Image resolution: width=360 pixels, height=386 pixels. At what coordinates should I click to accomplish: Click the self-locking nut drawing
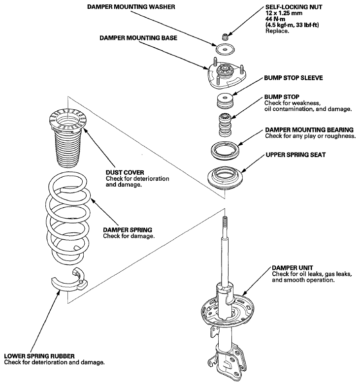225,37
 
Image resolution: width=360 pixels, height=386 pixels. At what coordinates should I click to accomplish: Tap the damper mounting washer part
225,49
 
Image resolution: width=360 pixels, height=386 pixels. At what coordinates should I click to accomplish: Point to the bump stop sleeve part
225,100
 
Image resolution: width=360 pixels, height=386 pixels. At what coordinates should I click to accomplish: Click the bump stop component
225,125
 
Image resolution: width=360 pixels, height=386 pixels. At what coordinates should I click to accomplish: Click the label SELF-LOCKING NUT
294,7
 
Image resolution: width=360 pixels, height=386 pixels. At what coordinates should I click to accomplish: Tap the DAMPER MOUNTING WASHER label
131,7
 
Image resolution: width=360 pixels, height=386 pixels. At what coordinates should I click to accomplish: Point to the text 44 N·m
275,19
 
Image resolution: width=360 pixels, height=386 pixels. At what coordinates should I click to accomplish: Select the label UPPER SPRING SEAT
295,155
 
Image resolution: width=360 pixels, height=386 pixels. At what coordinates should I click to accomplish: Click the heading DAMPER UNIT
293,268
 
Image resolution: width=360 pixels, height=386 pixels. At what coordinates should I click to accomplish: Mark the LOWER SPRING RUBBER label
39,356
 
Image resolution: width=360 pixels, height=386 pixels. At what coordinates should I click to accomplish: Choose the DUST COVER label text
125,172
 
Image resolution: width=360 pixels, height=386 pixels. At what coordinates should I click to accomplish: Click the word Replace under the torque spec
277,31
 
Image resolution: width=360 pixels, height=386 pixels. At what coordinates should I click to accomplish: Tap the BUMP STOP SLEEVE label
294,78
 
